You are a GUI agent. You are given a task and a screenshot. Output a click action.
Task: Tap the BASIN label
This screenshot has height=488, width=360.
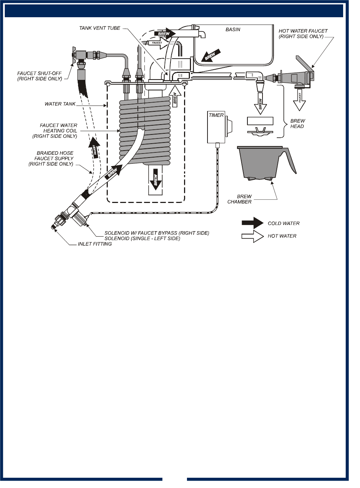[233, 29]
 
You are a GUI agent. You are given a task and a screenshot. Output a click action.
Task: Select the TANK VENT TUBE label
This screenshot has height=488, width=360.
[100, 28]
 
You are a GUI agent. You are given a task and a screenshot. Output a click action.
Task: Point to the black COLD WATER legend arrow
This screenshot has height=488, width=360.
[252, 223]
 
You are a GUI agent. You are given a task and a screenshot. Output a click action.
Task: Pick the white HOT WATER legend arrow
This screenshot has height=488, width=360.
[252, 236]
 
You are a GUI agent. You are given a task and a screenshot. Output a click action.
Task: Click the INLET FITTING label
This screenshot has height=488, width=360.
[95, 244]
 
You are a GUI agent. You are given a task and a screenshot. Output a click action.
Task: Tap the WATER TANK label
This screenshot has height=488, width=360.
[60, 104]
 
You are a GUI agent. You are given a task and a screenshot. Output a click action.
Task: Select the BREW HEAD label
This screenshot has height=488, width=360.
[297, 123]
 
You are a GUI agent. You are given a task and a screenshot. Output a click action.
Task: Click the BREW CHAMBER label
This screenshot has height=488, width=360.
[240, 199]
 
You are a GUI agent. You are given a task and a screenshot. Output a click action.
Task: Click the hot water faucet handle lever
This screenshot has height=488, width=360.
[304, 63]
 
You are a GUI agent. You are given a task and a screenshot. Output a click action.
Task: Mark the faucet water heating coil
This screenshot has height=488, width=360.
[145, 130]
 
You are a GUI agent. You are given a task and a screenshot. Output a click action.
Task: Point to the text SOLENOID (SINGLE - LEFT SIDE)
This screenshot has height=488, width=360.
[142, 239]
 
